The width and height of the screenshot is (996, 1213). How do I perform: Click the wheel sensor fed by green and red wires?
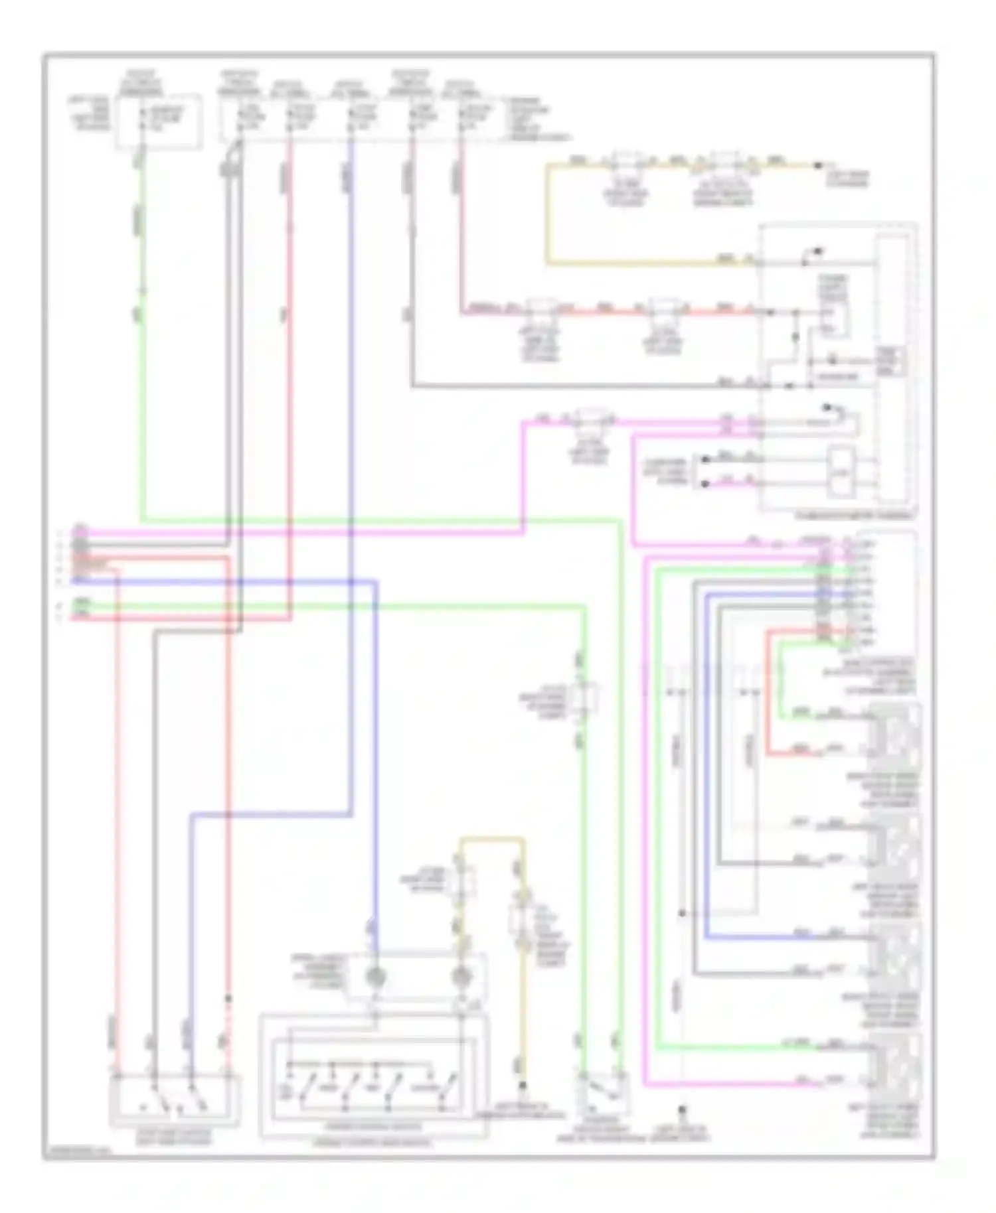click(896, 733)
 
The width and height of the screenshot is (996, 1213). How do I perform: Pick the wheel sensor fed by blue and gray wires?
click(896, 954)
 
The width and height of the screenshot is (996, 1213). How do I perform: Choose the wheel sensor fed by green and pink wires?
click(896, 1063)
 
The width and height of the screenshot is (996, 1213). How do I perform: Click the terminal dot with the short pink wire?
click(706, 484)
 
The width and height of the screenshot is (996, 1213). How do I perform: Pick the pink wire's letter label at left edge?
click(60, 532)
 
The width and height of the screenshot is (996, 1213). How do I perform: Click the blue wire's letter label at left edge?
click(60, 581)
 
